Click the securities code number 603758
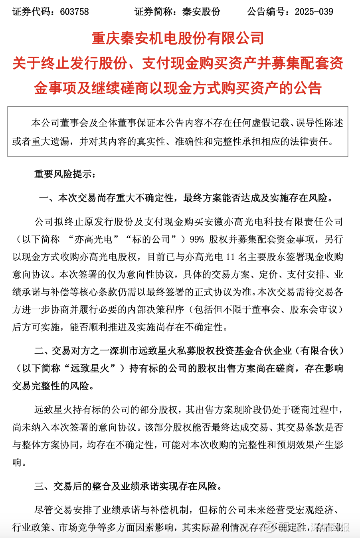coord(75,12)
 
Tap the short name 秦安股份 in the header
coord(201,12)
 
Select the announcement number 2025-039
coord(314,12)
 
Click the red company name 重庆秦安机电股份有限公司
coord(178,38)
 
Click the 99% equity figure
coord(197,239)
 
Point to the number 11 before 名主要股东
coord(230,257)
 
